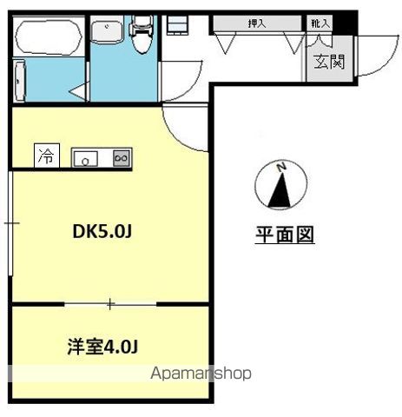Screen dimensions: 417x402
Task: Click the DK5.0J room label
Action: coord(102,231)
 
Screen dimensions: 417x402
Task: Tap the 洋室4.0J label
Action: coord(102,347)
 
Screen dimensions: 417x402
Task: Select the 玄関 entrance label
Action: coord(328,62)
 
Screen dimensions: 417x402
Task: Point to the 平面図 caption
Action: coord(284,235)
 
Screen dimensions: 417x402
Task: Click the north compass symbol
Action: coord(280,185)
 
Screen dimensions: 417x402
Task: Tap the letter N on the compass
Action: coord(280,166)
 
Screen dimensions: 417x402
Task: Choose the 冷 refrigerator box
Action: coord(46,156)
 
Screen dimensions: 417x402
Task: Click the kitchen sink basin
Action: coord(85,157)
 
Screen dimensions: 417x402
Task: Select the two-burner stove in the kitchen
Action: coord(121,157)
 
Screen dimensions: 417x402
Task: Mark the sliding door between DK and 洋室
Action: coord(110,304)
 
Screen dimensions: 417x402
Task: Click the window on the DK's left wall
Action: coord(9,223)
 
